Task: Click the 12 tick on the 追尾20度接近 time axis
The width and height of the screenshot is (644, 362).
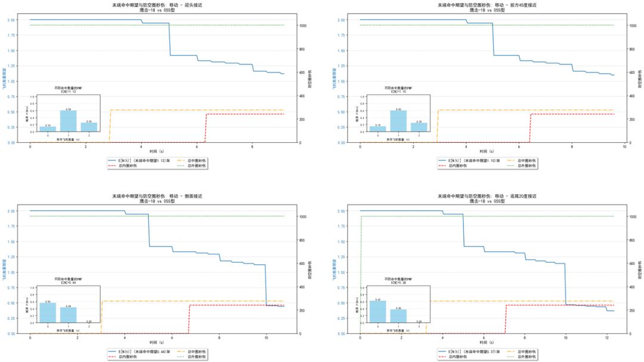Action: (606, 338)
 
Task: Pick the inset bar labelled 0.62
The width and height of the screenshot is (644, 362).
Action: (377, 311)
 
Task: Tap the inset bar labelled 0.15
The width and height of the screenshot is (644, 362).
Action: (377, 128)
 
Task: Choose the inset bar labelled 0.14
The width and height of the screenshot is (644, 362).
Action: (48, 128)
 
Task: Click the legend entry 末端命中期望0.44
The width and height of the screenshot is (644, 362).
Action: (142, 351)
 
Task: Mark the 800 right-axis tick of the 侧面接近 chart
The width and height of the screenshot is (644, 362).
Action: (302, 240)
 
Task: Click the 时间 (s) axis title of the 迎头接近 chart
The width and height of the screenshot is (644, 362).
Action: (157, 151)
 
